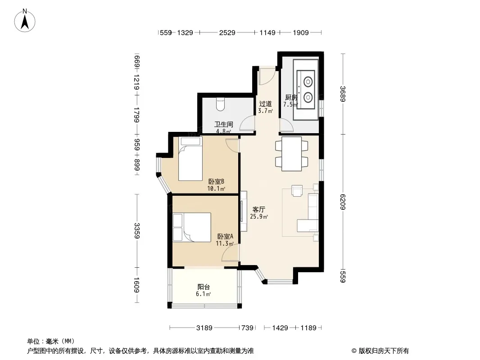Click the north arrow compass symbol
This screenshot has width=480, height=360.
click(25, 21)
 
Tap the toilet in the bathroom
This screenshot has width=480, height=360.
click(220, 104)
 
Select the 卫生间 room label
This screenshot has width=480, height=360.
click(223, 124)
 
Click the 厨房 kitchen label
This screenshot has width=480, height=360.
click(291, 97)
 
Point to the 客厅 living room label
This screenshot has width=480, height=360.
click(258, 210)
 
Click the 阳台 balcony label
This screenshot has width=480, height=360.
click(204, 287)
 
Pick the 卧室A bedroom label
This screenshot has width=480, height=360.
click(225, 236)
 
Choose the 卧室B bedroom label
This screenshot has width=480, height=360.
click(216, 181)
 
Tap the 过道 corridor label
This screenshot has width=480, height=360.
click(265, 103)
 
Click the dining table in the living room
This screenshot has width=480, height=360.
click(292, 154)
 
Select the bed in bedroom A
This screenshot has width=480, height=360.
click(192, 227)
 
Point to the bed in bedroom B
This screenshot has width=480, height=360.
click(190, 159)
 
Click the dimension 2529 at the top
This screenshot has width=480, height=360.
click(227, 32)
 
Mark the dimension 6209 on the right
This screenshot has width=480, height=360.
click(343, 202)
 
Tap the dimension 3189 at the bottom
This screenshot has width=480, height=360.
click(204, 328)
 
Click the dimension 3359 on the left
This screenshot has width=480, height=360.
click(137, 231)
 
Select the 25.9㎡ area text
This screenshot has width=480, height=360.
click(259, 216)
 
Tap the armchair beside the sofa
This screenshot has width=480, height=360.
click(297, 190)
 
